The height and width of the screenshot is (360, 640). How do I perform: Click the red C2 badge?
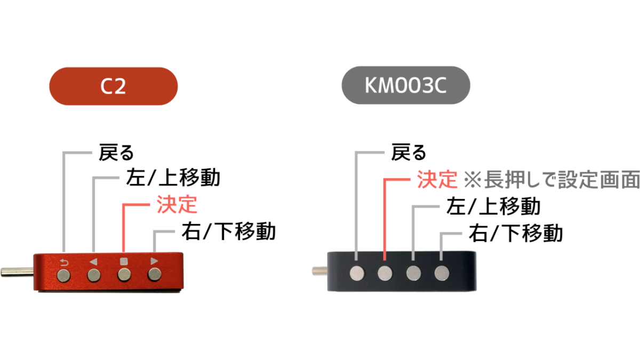pyautogui.click(x=114, y=86)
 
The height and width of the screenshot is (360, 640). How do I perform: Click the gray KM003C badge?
pyautogui.click(x=406, y=85)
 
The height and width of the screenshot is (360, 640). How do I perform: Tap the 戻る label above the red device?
pyautogui.click(x=116, y=153)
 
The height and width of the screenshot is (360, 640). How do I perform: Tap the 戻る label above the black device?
pyautogui.click(x=409, y=153)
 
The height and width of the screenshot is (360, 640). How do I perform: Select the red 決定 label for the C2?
pyautogui.click(x=177, y=205)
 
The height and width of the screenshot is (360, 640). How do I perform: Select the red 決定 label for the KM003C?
pyautogui.click(x=437, y=179)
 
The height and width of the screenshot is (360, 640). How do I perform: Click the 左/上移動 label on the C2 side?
pyautogui.click(x=173, y=178)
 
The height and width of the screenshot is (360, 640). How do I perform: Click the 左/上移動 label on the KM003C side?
pyautogui.click(x=493, y=206)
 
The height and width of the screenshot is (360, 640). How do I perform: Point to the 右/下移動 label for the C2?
pyautogui.click(x=229, y=231)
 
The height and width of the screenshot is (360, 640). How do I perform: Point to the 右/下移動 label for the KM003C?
pyautogui.click(x=516, y=234)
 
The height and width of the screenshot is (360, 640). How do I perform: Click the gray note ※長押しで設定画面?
pyautogui.click(x=551, y=179)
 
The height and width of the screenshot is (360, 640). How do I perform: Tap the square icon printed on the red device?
pyautogui.click(x=124, y=261)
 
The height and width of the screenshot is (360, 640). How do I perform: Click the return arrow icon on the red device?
pyautogui.click(x=64, y=262)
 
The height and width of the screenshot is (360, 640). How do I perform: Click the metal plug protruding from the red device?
pyautogui.click(x=17, y=271)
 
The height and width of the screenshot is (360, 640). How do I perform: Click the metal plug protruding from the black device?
pyautogui.click(x=319, y=271)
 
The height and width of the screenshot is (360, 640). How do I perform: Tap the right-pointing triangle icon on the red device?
pyautogui.click(x=154, y=261)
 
